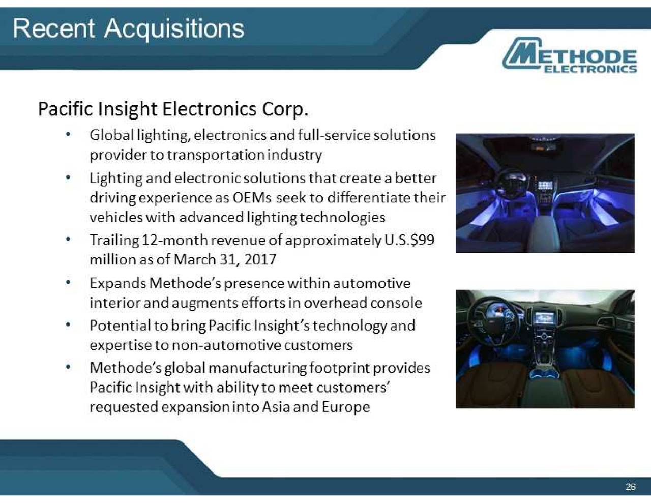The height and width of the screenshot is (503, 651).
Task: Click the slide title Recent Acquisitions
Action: [x=128, y=28]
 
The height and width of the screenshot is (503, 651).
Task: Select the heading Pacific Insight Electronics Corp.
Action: [x=173, y=109]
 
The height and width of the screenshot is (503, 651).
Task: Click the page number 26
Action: [x=630, y=487]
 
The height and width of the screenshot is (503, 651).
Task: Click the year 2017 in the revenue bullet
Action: [x=260, y=259]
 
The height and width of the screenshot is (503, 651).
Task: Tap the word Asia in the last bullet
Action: [x=276, y=407]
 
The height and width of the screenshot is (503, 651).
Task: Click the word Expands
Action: [x=117, y=283]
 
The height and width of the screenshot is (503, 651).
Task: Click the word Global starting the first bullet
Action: [x=111, y=135]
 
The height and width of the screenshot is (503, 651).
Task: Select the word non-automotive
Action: [x=226, y=345]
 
